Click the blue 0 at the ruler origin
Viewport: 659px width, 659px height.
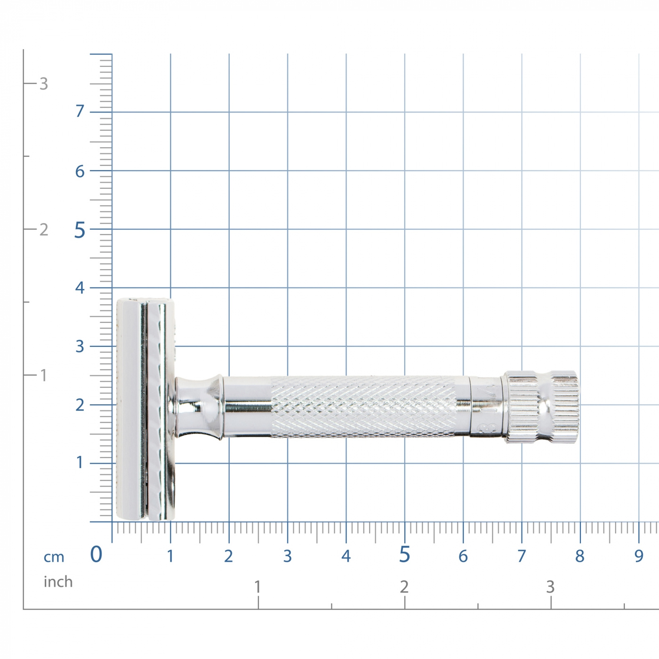pyautogui.click(x=96, y=555)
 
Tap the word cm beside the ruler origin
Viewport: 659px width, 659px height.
pyautogui.click(x=54, y=557)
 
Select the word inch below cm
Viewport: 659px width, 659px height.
pyautogui.click(x=58, y=582)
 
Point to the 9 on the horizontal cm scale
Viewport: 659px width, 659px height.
pyautogui.click(x=639, y=556)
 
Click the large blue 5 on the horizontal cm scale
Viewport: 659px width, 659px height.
pyautogui.click(x=404, y=555)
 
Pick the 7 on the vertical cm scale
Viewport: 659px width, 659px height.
pyautogui.click(x=80, y=111)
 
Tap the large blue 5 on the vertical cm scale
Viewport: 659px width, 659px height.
pyautogui.click(x=80, y=230)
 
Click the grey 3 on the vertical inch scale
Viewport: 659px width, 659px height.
pyautogui.click(x=43, y=84)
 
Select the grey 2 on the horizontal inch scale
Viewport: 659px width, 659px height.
pyautogui.click(x=404, y=587)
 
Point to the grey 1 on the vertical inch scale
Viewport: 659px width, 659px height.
pyautogui.click(x=43, y=376)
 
